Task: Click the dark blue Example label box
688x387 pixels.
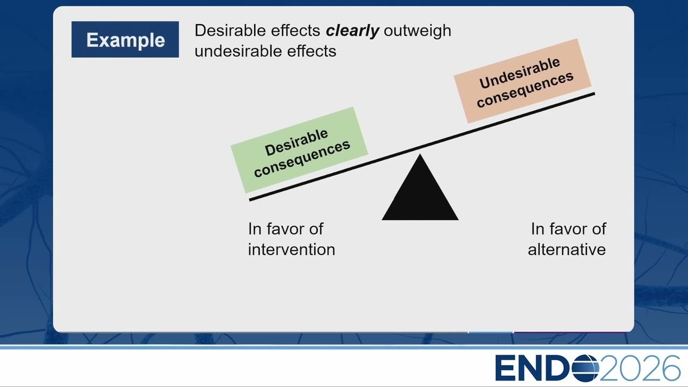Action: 125,39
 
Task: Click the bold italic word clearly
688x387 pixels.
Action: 352,31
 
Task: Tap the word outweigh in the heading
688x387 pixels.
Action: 418,31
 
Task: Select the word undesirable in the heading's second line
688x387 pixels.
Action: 238,51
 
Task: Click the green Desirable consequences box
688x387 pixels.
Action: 299,150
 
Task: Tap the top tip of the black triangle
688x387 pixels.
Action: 420,154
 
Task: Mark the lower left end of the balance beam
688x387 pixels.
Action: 250,200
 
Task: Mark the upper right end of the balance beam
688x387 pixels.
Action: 594,94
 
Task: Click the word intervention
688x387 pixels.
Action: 291,249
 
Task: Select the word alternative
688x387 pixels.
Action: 567,249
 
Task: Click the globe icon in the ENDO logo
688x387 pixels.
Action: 585,368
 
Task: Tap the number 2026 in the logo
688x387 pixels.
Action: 640,368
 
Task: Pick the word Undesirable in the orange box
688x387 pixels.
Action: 520,73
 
